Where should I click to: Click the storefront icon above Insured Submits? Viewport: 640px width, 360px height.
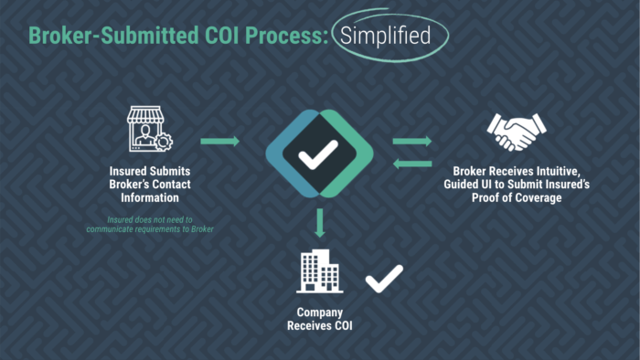coord(149,129)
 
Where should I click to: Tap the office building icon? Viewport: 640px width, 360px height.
coord(320,270)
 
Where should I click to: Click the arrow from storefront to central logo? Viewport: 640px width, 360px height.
coord(219,141)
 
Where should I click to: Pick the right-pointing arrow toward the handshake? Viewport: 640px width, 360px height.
coord(412,141)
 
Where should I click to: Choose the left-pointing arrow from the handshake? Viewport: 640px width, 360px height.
coord(412,164)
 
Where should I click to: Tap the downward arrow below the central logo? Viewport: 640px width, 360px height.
coord(319,222)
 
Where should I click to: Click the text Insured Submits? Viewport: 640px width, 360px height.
coord(151,171)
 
